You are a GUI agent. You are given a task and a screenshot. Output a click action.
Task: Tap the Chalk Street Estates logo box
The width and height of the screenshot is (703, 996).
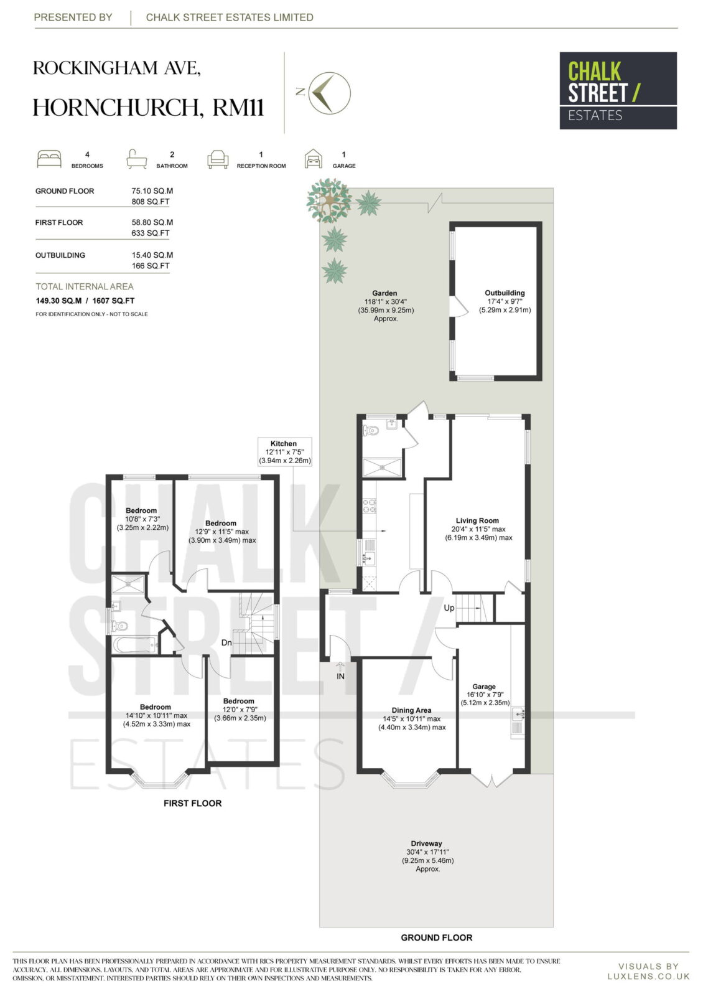click(618, 91)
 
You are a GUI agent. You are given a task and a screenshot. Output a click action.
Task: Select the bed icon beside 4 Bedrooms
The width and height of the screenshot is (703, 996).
click(49, 159)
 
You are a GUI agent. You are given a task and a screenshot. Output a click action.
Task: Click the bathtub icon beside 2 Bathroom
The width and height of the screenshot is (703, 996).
click(136, 159)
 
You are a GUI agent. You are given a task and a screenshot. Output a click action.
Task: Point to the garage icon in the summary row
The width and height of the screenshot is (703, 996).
click(314, 159)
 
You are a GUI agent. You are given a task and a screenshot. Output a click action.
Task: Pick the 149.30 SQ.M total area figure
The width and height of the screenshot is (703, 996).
click(58, 301)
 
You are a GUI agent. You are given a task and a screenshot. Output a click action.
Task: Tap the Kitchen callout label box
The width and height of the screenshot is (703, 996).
click(285, 452)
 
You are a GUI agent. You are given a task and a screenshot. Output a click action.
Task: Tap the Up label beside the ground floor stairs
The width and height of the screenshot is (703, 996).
click(449, 608)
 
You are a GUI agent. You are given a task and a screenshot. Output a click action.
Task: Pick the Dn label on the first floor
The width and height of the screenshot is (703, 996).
click(226, 642)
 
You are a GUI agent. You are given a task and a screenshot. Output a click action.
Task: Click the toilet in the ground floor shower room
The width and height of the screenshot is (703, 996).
click(371, 430)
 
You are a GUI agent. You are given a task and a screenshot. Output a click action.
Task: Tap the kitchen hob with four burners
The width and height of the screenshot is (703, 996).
click(370, 506)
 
